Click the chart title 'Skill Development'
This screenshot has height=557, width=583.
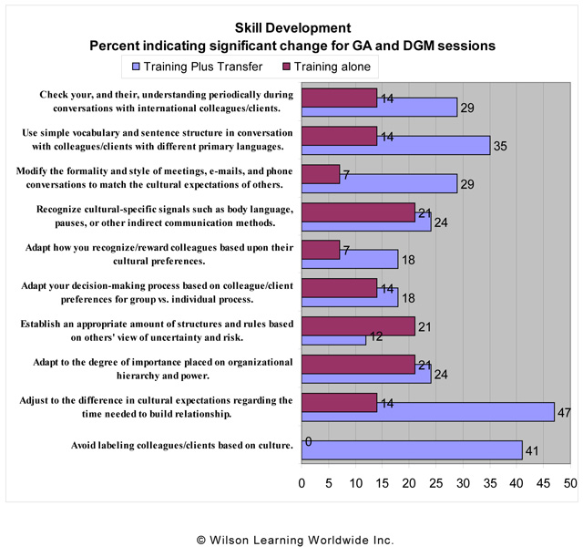coord(291,27)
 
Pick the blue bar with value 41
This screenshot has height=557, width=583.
coord(411,451)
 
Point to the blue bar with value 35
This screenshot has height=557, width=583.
coord(395,144)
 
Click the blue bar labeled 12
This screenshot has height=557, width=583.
coord(333,339)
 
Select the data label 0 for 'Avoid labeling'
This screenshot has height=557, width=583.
coord(309,442)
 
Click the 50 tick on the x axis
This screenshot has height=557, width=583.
coord(570,482)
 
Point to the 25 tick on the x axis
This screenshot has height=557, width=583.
coord(435,482)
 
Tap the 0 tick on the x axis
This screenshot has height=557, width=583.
coord(302,482)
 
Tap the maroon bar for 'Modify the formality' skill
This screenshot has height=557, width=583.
coord(321,174)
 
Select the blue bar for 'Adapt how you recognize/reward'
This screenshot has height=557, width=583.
coord(350,260)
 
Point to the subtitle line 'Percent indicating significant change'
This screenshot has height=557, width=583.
coord(291,45)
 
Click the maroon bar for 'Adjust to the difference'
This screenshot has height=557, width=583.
coord(339,402)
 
